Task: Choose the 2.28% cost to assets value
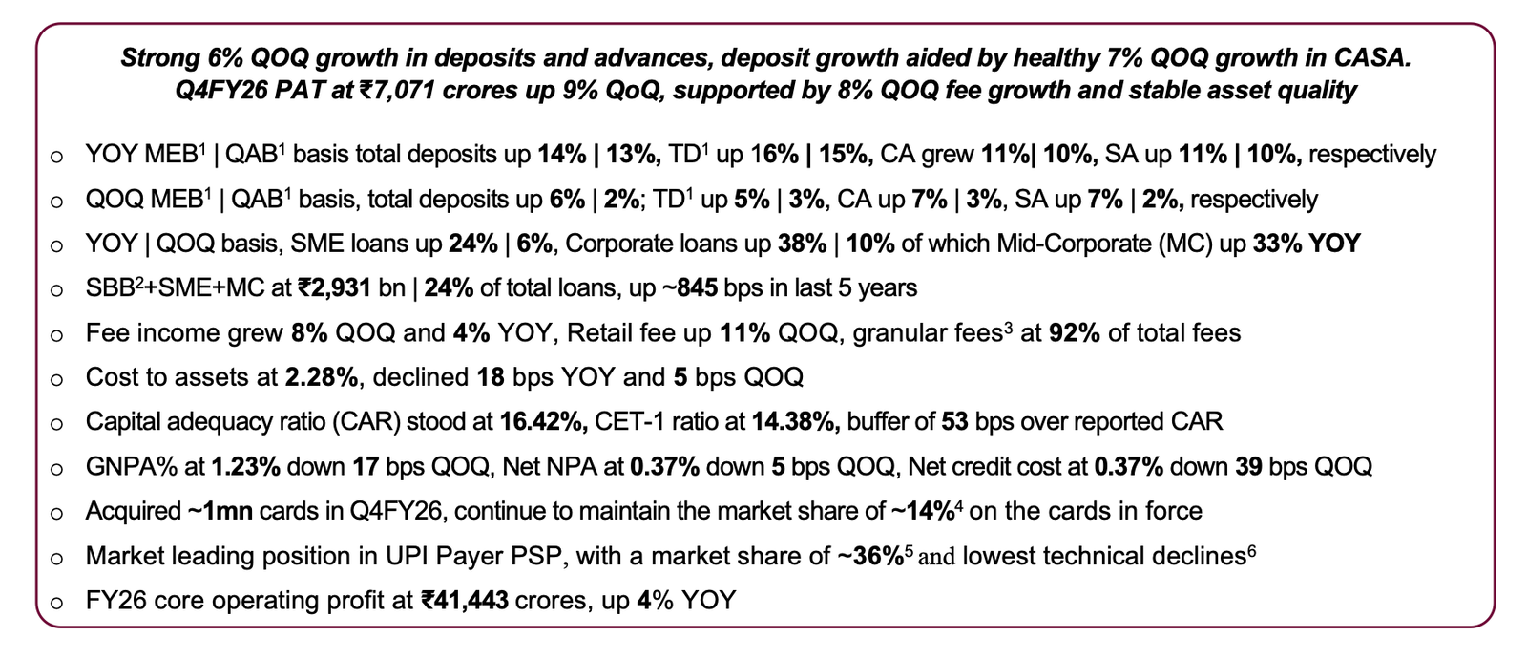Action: [x=322, y=377]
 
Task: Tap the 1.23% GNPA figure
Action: [x=245, y=467]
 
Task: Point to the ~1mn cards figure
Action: [x=220, y=512]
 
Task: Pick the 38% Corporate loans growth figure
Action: [x=802, y=244]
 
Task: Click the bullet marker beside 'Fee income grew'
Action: [x=57, y=334]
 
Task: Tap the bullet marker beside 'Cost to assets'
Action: [x=57, y=379]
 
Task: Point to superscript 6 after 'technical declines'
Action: [x=1251, y=549]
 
